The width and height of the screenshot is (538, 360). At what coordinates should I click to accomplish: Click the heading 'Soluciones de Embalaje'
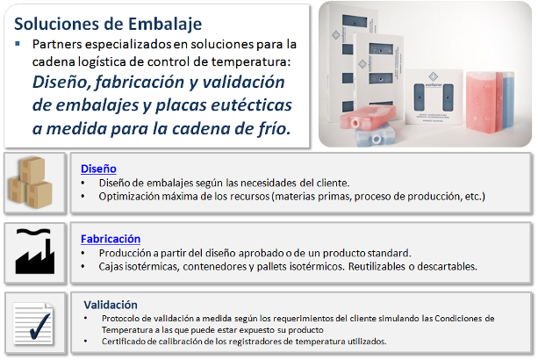click(108, 24)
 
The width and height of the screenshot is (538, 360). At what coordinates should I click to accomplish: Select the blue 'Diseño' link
click(98, 169)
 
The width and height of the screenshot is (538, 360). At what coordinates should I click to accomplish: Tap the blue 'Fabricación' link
click(111, 239)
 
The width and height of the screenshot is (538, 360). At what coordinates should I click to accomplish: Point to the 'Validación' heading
click(111, 305)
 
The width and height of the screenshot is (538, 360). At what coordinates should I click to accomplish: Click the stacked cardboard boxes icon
click(31, 183)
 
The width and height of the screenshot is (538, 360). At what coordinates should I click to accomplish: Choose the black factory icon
click(34, 251)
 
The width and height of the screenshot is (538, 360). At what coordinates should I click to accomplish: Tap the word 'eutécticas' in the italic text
click(252, 104)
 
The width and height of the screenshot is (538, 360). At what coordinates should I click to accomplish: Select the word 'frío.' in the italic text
click(274, 128)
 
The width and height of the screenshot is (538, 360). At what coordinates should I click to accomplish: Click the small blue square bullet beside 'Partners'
click(18, 44)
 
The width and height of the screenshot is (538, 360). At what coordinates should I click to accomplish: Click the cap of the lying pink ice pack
click(355, 123)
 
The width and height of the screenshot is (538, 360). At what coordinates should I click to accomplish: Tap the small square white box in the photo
click(434, 97)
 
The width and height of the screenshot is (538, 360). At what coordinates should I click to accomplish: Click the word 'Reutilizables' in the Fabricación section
click(377, 266)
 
